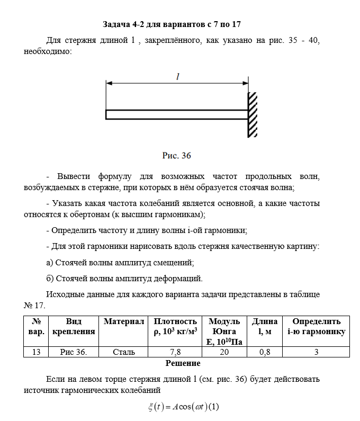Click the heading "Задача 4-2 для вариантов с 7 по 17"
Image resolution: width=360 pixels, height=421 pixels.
(x=172, y=24)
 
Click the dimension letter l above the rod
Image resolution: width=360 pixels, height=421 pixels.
(x=178, y=77)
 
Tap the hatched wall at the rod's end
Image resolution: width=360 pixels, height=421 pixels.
(x=253, y=114)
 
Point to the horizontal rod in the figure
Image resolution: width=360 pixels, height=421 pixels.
(x=177, y=114)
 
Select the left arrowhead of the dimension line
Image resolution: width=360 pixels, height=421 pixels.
(x=109, y=83)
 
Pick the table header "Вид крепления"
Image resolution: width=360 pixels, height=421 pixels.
(x=74, y=326)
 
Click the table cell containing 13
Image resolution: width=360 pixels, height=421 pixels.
(x=36, y=352)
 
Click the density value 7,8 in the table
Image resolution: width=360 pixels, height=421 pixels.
(x=175, y=352)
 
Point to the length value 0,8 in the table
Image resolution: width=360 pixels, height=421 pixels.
(x=264, y=352)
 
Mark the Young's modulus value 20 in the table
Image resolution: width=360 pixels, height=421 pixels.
(x=224, y=352)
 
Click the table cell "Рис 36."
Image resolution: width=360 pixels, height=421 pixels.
(x=74, y=352)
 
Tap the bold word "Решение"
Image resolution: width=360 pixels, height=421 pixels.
(x=183, y=363)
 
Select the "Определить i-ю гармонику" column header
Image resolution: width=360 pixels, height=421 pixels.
(x=316, y=326)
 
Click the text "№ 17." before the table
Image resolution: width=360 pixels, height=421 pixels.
(x=36, y=306)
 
